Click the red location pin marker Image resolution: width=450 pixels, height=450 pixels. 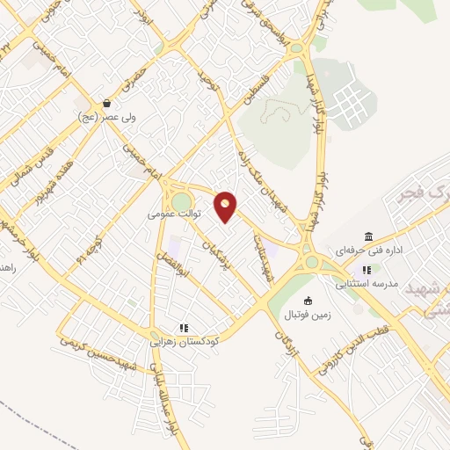click(226, 207)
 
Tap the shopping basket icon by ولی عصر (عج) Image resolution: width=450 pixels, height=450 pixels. click(107, 103)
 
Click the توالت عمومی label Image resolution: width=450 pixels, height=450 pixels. click(174, 214)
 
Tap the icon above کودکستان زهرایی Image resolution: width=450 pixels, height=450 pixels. click(184, 328)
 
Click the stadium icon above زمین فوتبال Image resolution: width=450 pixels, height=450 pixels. click(307, 301)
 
